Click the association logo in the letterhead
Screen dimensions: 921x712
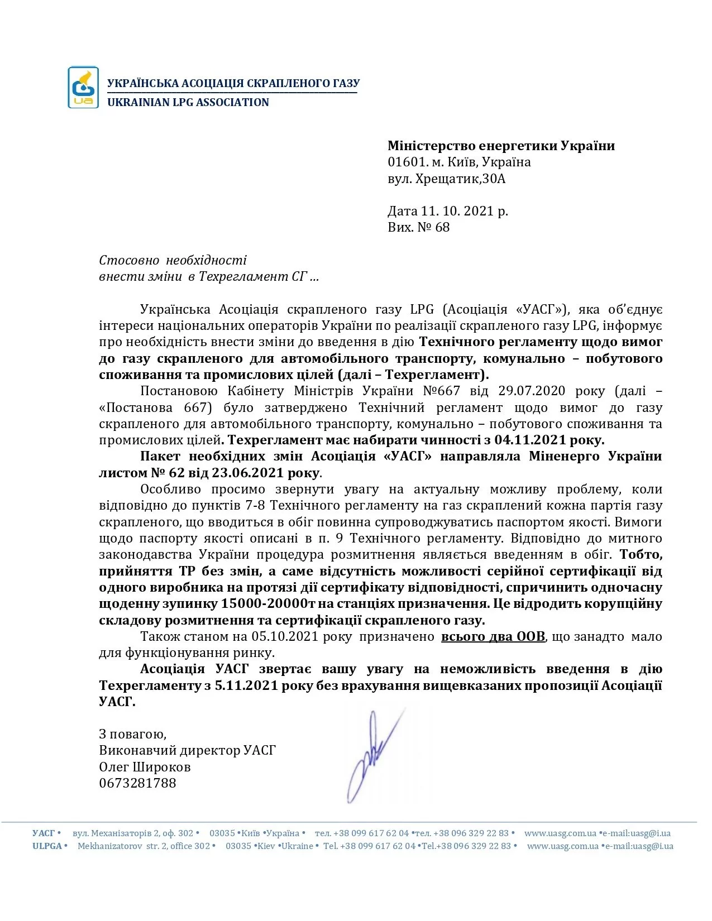coord(83,87)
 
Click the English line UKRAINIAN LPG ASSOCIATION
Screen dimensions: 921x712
coord(188,103)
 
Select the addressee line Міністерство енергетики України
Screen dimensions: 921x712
coord(501,146)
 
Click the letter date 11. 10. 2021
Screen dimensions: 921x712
coord(457,211)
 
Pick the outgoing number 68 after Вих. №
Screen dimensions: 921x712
coord(442,227)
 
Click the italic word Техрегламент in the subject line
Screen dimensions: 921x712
coord(243,277)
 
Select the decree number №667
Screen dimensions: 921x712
coord(441,391)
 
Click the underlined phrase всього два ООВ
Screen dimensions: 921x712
coord(493,637)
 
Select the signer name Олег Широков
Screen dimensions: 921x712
coord(145,767)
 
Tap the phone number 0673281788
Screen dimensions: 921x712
coord(137,783)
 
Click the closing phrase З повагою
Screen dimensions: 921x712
coord(132,734)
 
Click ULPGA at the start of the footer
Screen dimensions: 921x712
coord(47,846)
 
